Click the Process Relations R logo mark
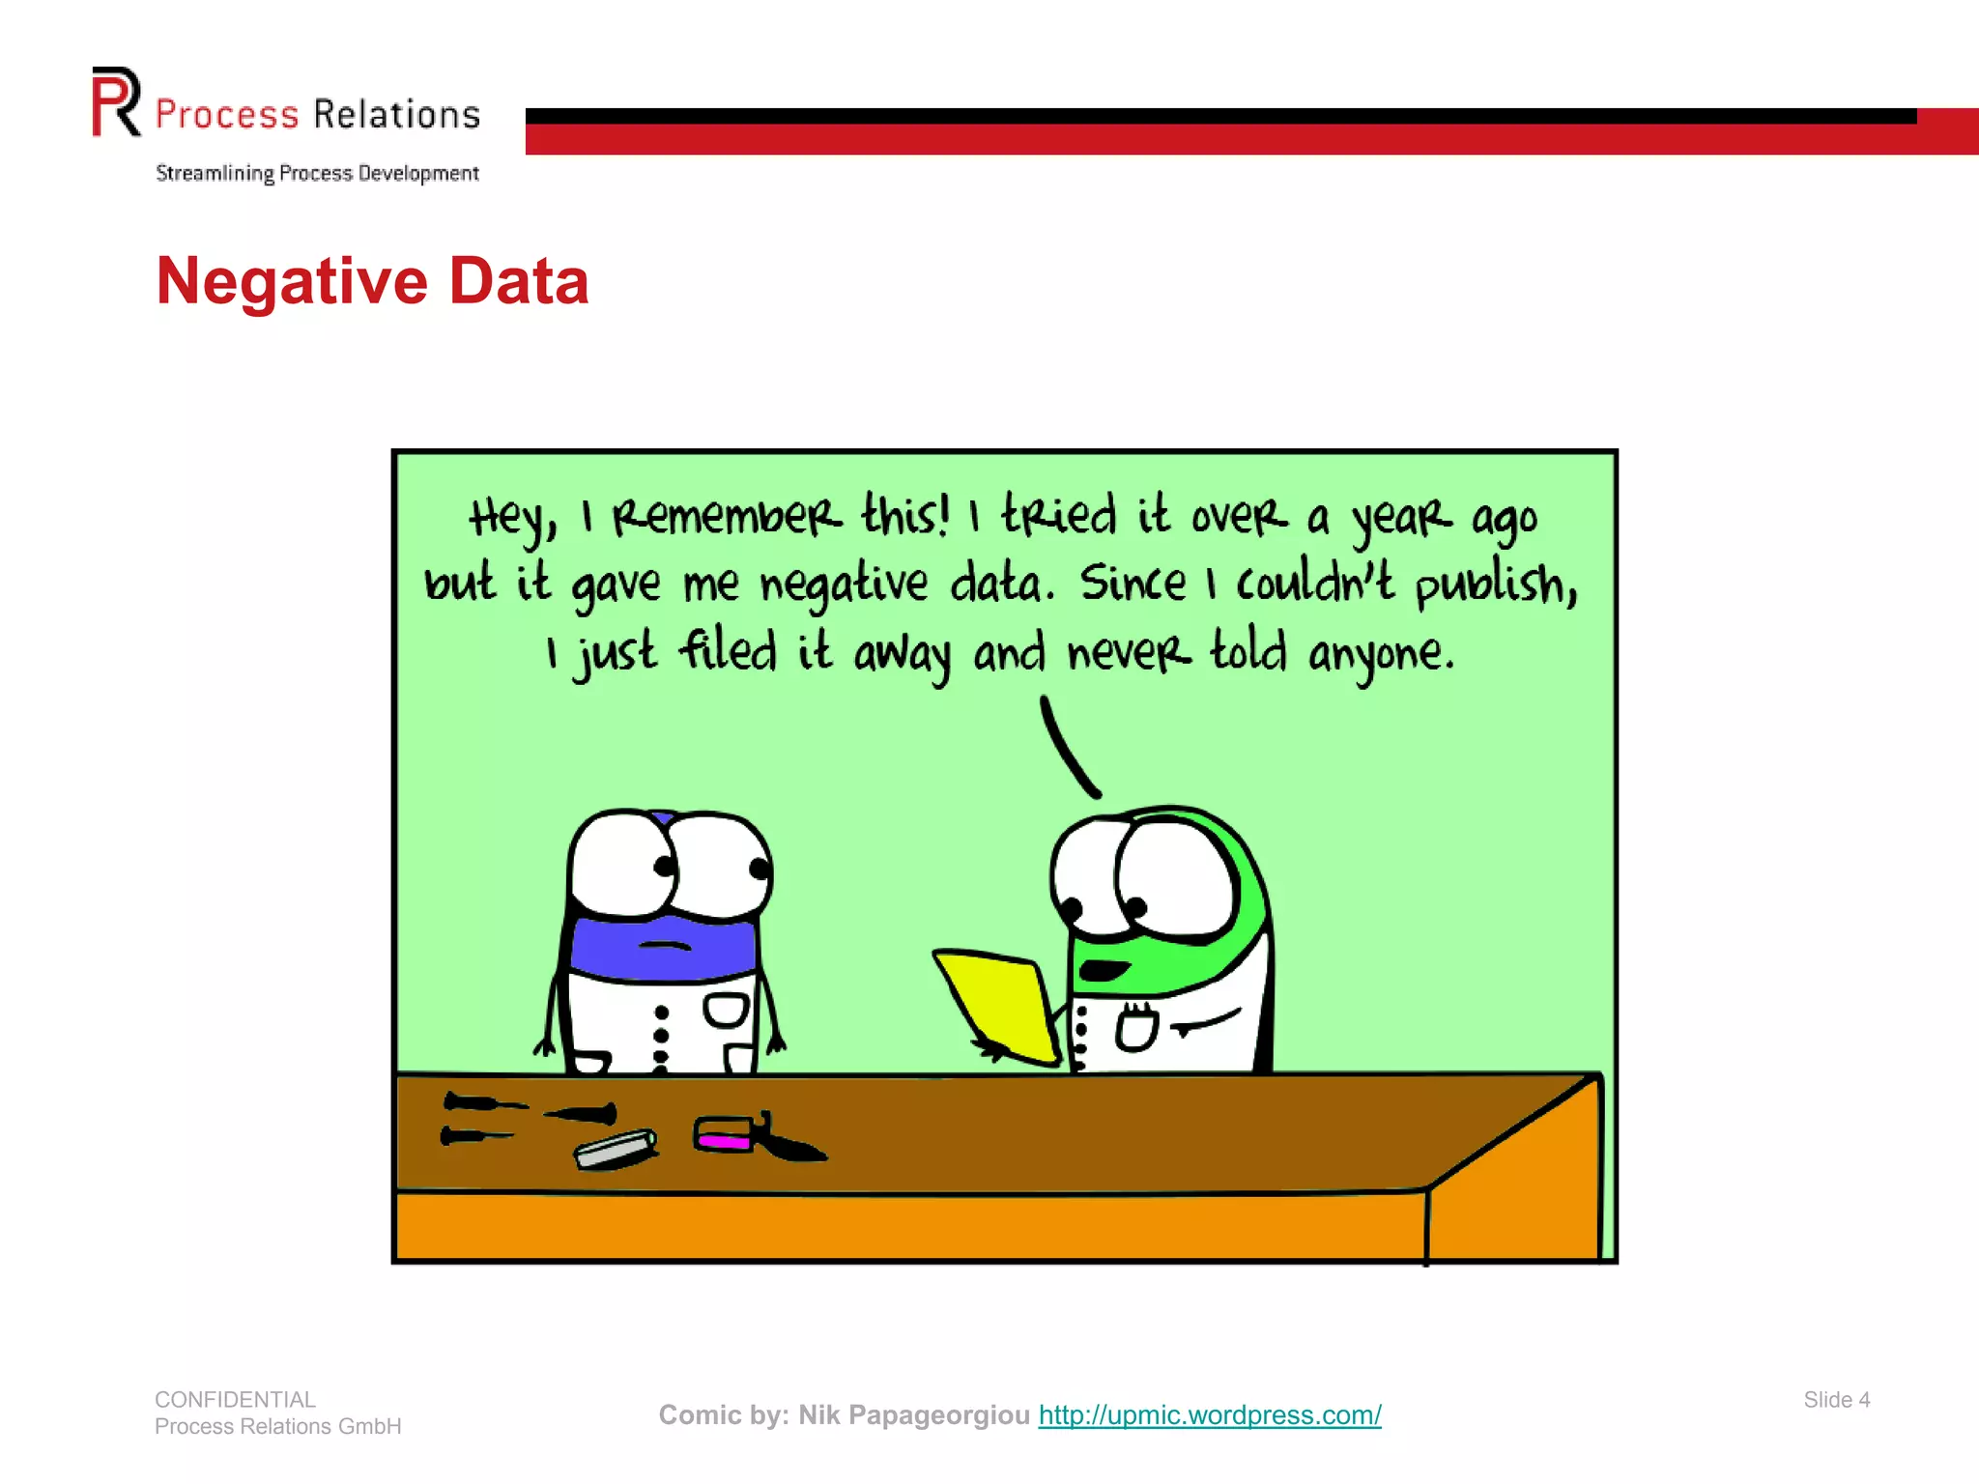point(116,101)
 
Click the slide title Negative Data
point(372,281)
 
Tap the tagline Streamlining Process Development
point(317,174)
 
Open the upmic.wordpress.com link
point(1210,1415)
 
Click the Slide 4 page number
point(1836,1400)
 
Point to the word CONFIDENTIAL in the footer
point(235,1400)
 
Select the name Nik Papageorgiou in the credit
point(913,1415)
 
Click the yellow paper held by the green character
point(995,1005)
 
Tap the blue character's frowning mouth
point(664,945)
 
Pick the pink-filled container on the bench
point(724,1134)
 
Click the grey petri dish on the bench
point(616,1149)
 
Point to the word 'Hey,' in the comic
point(512,518)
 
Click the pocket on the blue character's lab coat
point(726,1011)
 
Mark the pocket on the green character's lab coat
point(1137,1028)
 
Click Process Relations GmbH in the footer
point(277,1427)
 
